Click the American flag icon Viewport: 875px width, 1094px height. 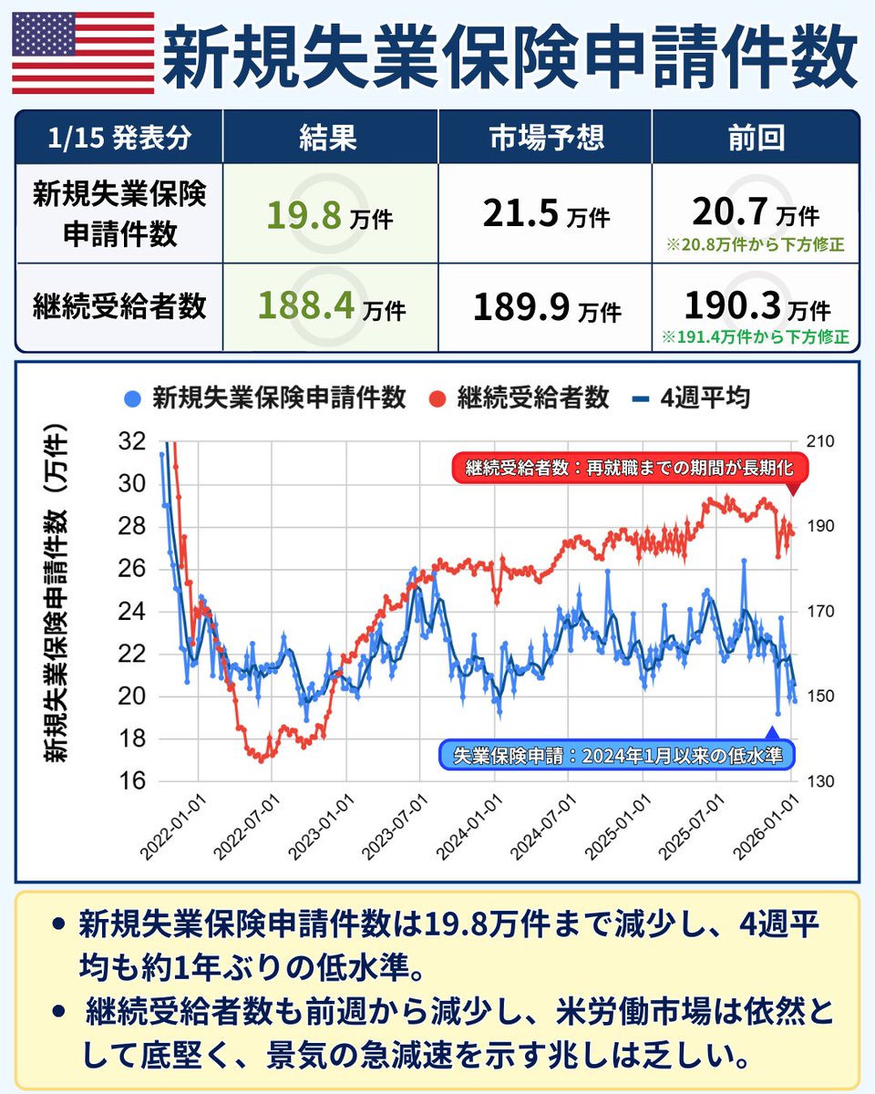[x=83, y=53]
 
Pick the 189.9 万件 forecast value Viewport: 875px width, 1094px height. [x=546, y=307]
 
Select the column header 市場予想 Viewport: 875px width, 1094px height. [x=545, y=138]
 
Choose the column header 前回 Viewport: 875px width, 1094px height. [x=756, y=138]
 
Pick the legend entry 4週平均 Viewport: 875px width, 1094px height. [x=692, y=398]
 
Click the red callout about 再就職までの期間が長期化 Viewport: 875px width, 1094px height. [x=630, y=469]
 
